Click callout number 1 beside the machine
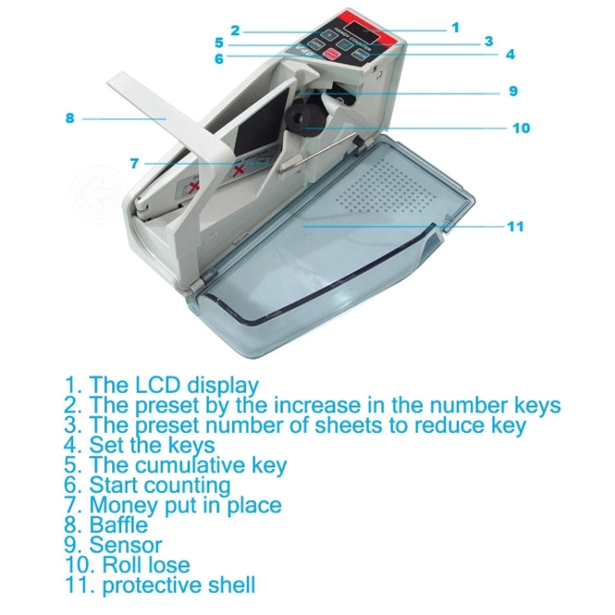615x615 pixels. click(x=455, y=27)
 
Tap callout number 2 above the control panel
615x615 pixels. click(x=235, y=31)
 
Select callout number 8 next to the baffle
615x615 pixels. click(x=70, y=118)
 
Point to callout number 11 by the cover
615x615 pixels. click(x=515, y=226)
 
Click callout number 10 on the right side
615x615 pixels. click(x=522, y=128)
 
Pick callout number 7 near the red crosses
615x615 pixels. click(x=134, y=163)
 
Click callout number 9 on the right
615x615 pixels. click(x=513, y=91)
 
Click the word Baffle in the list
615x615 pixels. click(x=119, y=525)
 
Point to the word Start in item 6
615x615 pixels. click(x=114, y=485)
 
